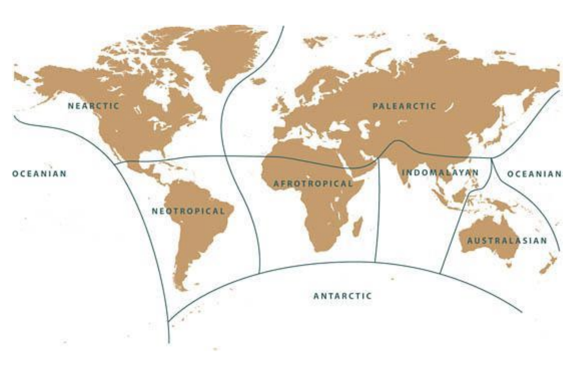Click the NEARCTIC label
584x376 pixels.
[x=93, y=106]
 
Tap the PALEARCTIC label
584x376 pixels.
[x=404, y=106]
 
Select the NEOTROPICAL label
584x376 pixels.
[x=188, y=211]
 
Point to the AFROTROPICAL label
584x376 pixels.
[x=313, y=184]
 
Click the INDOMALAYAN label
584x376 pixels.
[x=440, y=173]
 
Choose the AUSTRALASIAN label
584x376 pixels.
[x=507, y=241]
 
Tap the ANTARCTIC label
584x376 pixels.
[x=342, y=296]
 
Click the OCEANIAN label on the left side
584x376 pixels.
[x=39, y=173]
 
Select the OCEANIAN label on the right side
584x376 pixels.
[x=534, y=174]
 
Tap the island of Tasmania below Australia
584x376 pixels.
[x=509, y=265]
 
